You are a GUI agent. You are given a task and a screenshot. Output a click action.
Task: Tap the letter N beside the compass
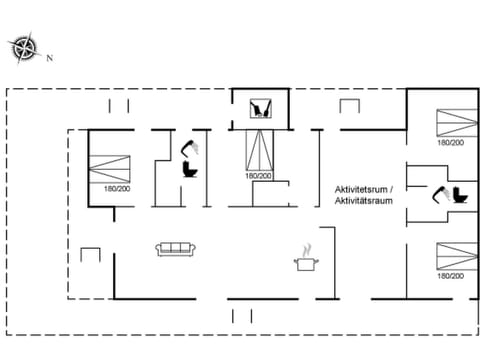48,58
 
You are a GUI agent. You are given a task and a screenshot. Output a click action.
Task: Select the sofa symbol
173,248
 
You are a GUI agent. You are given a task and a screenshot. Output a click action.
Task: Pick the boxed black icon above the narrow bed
261,109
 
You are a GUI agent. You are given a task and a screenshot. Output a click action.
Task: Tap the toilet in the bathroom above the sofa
190,169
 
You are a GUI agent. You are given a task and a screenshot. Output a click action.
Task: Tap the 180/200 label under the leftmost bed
116,189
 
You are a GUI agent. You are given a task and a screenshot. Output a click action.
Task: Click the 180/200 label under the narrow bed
259,177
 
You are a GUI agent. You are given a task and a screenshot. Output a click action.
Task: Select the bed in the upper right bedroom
450,124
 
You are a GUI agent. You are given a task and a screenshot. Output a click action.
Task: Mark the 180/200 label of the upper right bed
450,143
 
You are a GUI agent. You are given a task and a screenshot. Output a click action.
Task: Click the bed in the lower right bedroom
450,255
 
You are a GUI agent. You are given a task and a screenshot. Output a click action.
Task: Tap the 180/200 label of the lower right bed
450,274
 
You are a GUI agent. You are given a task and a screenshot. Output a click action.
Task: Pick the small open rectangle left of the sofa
91,255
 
